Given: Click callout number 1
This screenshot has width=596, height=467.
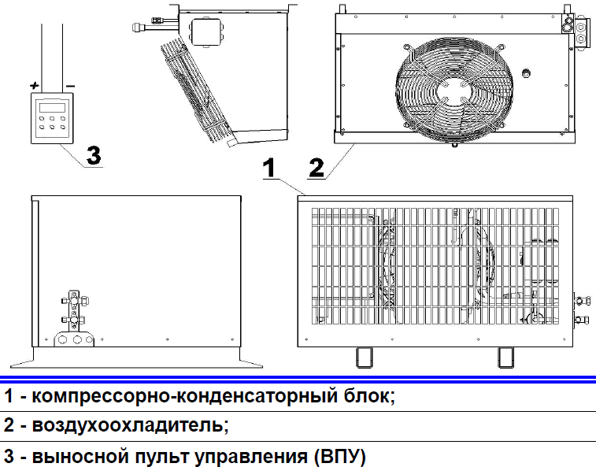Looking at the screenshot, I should [268, 167].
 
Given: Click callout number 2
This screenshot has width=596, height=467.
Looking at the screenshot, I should [316, 167].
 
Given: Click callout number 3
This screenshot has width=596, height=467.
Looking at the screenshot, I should [94, 155].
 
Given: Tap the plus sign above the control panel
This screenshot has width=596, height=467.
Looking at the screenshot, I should [34, 84].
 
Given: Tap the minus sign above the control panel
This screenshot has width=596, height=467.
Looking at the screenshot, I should [71, 84].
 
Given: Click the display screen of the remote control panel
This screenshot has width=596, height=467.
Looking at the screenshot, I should [51, 108].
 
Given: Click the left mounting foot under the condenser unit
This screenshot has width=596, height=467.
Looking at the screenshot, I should [363, 357].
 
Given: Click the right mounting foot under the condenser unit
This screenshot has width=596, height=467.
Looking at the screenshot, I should [504, 357].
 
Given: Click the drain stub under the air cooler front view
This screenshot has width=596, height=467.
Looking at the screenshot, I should [454, 144].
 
